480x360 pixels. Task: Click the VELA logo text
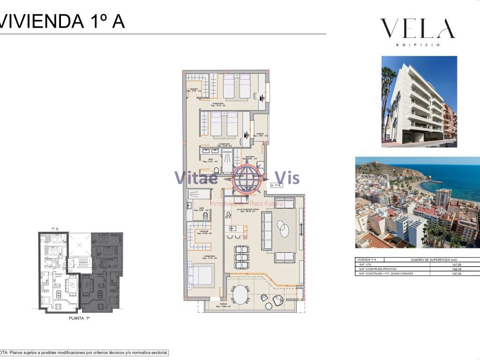click(417, 29)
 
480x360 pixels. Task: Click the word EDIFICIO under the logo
click(418, 45)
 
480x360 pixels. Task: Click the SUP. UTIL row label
click(365, 264)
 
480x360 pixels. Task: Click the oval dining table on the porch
click(241, 295)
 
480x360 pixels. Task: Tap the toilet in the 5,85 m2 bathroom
click(205, 216)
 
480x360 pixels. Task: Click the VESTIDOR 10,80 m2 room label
click(203, 232)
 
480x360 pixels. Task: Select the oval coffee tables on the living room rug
click(283, 230)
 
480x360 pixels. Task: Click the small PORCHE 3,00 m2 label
click(259, 135)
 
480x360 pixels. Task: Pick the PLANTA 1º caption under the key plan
click(79, 318)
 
